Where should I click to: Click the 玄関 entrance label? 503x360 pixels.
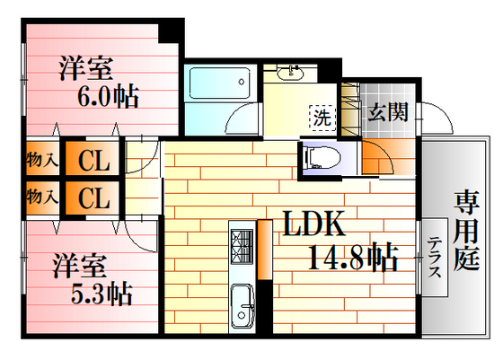coord(388,112)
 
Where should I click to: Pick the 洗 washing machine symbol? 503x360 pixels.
coord(321,116)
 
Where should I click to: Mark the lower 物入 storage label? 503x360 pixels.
coord(41,195)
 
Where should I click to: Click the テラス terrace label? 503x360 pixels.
coord(435,260)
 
